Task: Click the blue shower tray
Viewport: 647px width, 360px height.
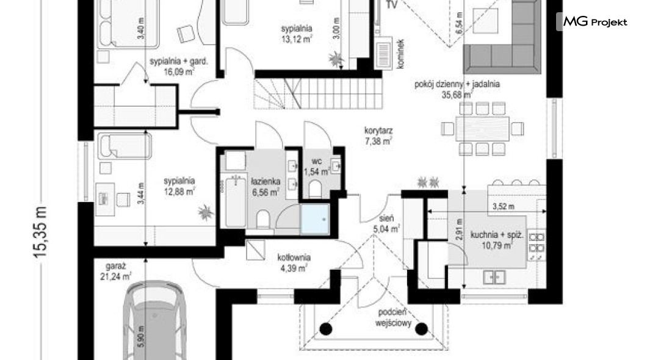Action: [x=315, y=220]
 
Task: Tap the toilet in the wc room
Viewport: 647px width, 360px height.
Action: [x=315, y=189]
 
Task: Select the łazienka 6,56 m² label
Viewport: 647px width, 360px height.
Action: [x=266, y=186]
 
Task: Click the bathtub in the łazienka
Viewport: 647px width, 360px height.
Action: [x=236, y=202]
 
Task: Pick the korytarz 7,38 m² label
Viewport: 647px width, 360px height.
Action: [x=378, y=135]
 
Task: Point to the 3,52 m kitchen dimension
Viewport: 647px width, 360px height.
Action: [x=504, y=206]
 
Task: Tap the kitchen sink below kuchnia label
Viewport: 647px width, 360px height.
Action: [x=494, y=276]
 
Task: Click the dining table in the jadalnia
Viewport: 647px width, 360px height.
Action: [x=482, y=129]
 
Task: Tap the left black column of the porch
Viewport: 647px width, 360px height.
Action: [x=326, y=329]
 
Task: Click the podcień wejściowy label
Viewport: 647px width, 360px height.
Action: [x=393, y=318]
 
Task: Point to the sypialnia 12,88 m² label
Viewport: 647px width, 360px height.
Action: [x=179, y=186]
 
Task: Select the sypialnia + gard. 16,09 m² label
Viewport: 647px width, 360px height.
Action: [x=179, y=67]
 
